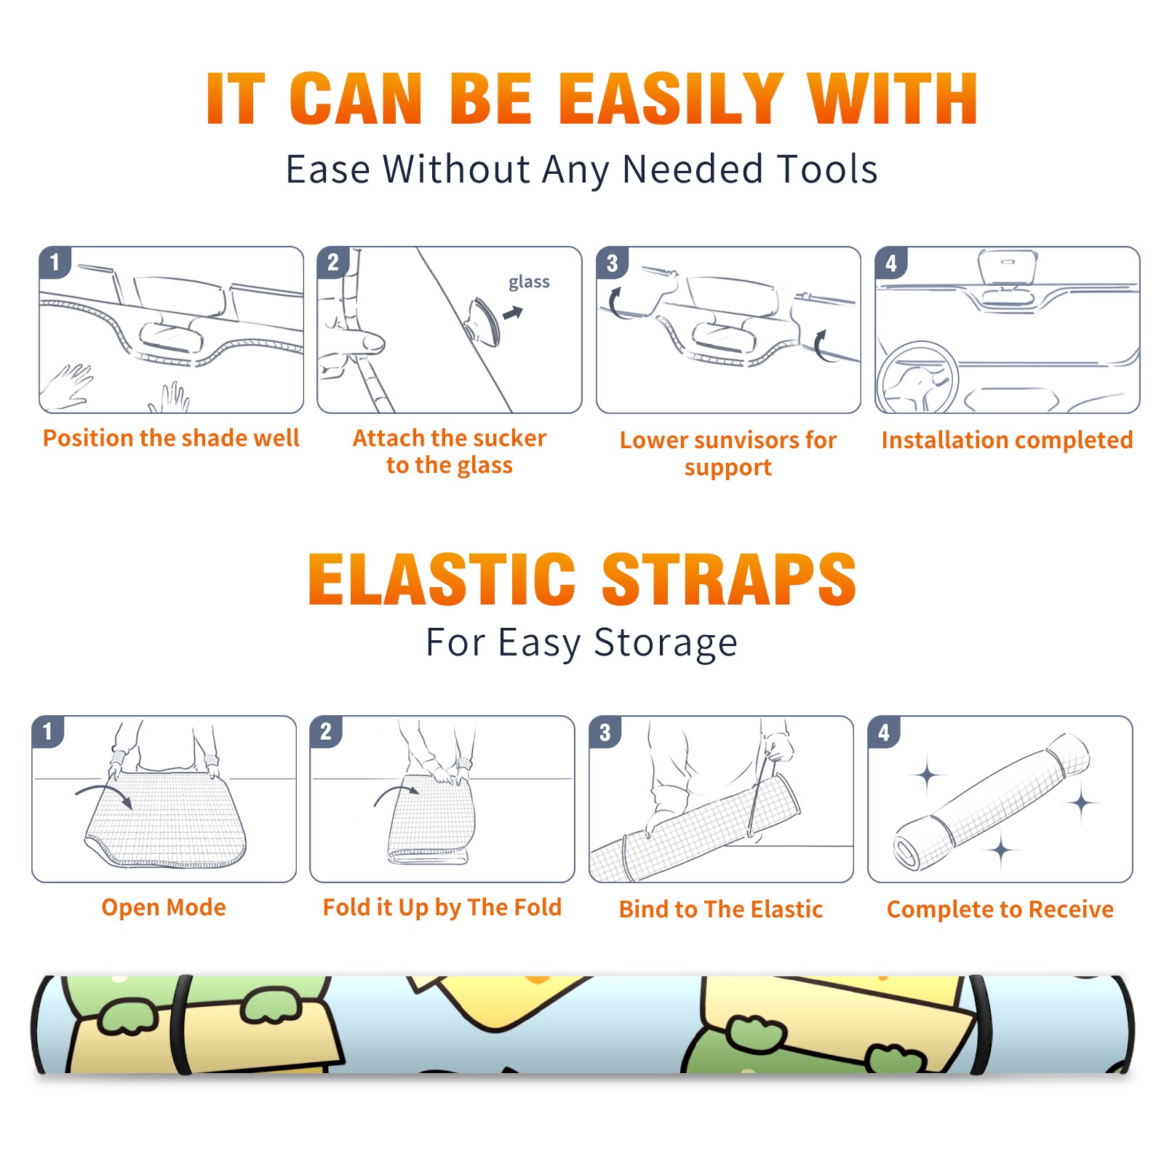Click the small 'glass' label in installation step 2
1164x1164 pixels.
(x=529, y=282)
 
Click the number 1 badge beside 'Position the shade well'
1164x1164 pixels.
(x=55, y=262)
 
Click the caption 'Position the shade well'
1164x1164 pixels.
(x=171, y=438)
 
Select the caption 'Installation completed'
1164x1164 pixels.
(x=1007, y=439)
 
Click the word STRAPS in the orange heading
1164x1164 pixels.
(x=729, y=579)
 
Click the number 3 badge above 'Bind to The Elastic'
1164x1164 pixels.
(x=605, y=732)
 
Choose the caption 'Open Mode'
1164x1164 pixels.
(x=164, y=908)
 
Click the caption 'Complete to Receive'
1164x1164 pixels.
(x=1000, y=909)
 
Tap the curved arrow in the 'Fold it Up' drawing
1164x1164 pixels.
(x=396, y=789)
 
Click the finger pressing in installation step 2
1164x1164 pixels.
(x=359, y=340)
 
